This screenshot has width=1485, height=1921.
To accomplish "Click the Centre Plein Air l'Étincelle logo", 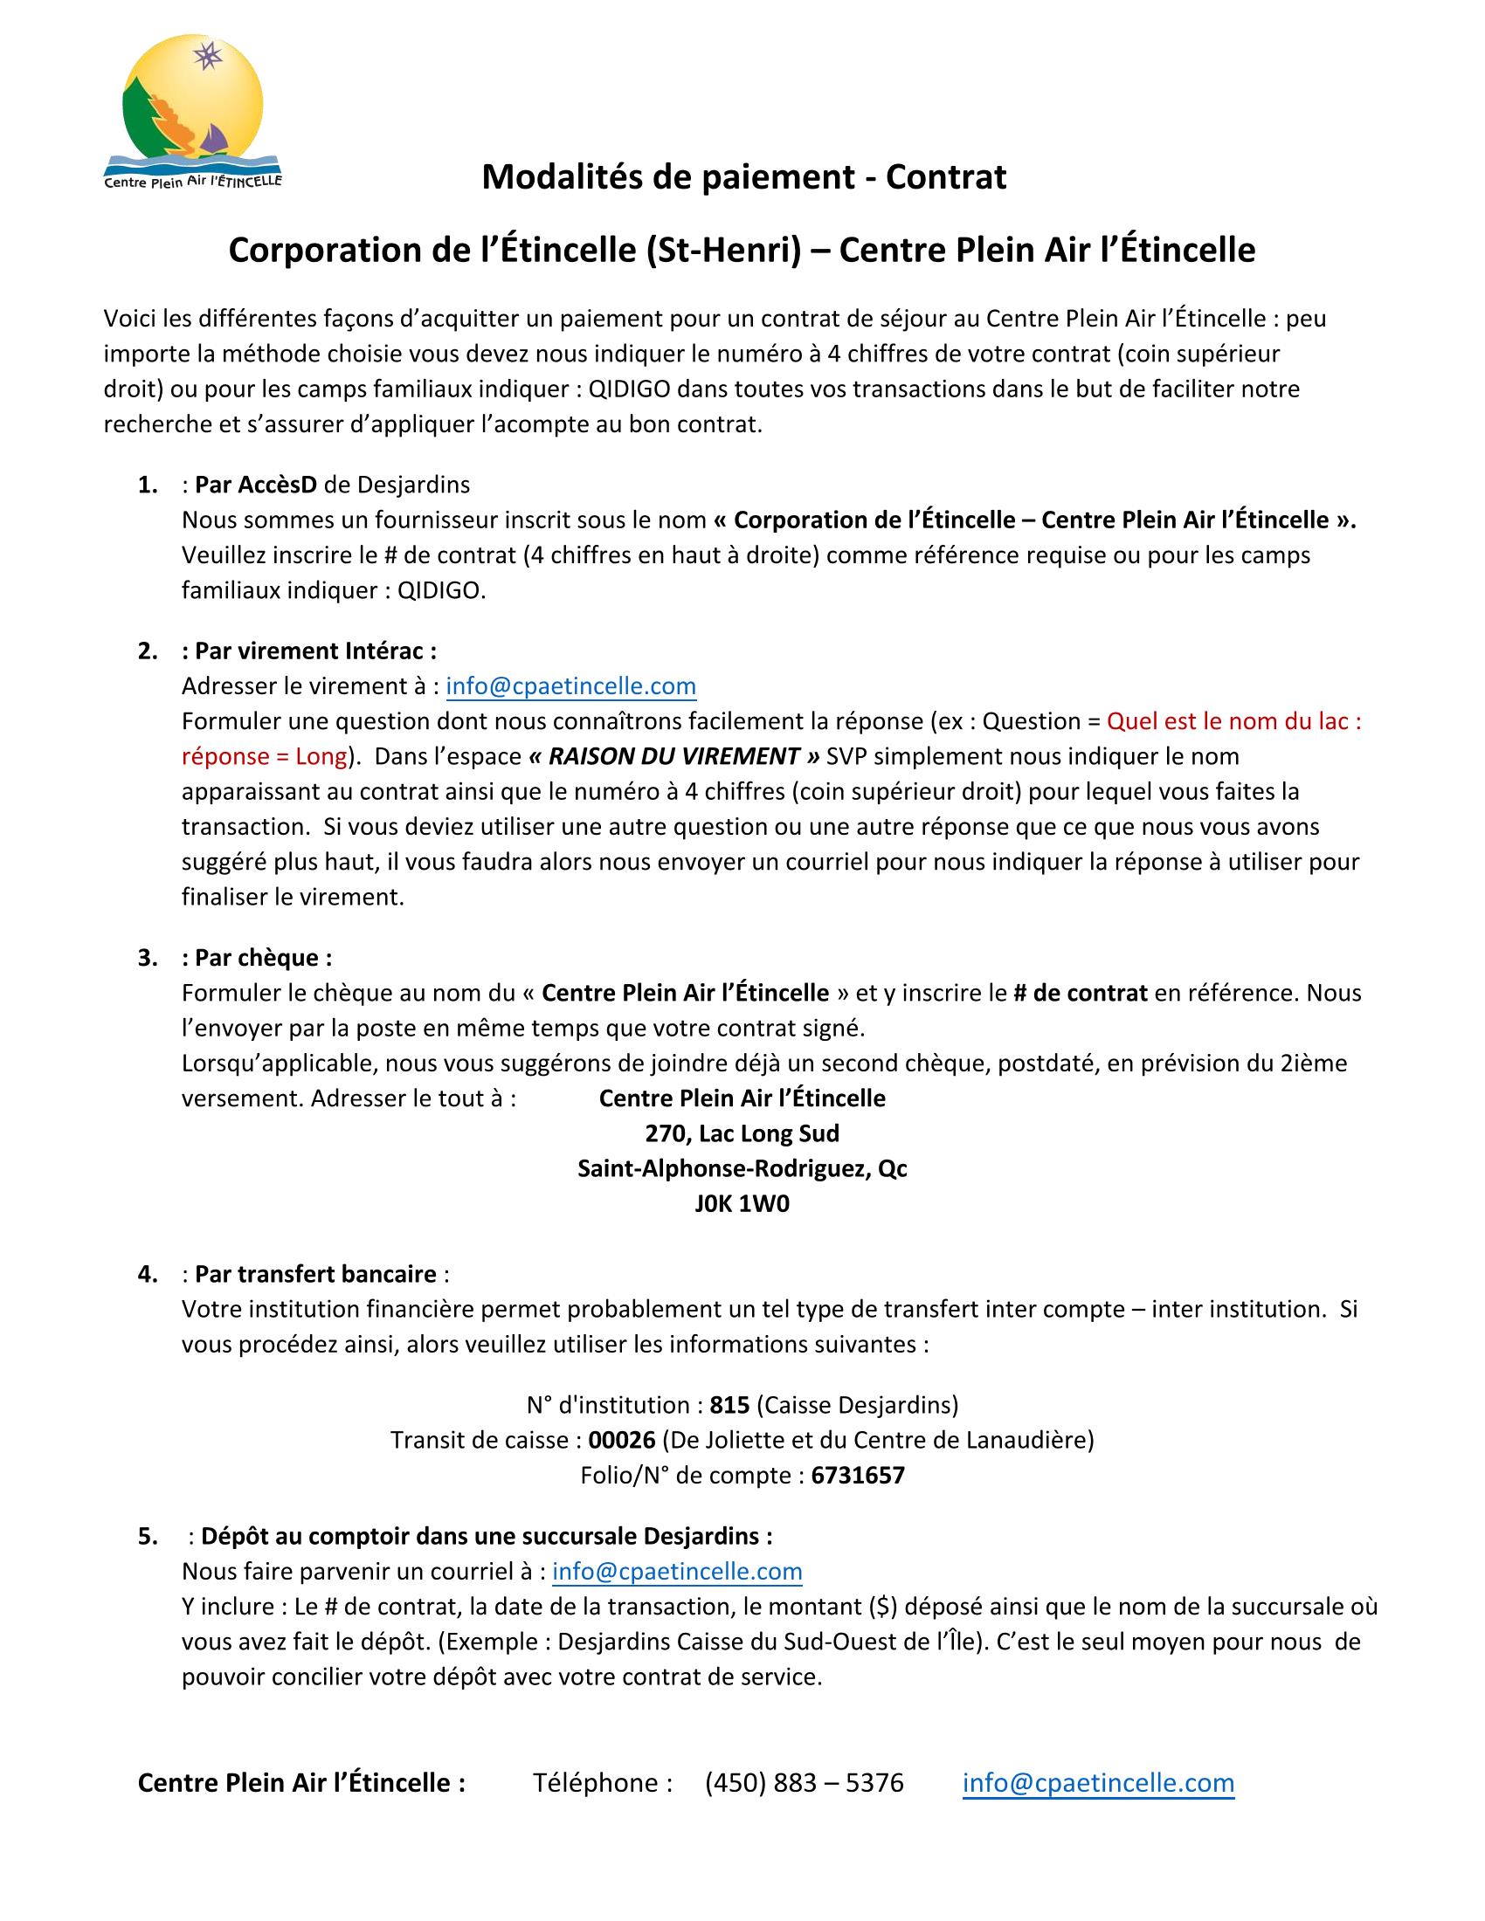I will tap(193, 113).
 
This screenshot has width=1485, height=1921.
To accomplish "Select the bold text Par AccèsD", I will tap(255, 485).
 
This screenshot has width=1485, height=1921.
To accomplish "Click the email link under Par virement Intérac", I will tap(571, 686).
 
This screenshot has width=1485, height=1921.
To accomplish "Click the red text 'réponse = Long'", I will tap(264, 756).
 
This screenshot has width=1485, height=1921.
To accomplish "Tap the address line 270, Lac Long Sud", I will tap(742, 1133).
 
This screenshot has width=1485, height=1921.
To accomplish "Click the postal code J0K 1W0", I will tap(742, 1203).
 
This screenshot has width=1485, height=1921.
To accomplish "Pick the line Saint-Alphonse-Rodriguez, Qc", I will tap(742, 1168).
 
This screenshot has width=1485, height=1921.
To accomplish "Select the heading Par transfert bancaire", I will tap(315, 1274).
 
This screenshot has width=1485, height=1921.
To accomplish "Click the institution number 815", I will tap(729, 1405).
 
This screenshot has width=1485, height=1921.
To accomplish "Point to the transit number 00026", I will tap(622, 1440).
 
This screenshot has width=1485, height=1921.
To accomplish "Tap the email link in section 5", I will tap(676, 1571).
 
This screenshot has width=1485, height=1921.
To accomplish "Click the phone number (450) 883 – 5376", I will tap(804, 1783).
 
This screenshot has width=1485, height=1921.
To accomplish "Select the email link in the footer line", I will tap(1098, 1783).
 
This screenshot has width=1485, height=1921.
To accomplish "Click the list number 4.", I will tap(147, 1274).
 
